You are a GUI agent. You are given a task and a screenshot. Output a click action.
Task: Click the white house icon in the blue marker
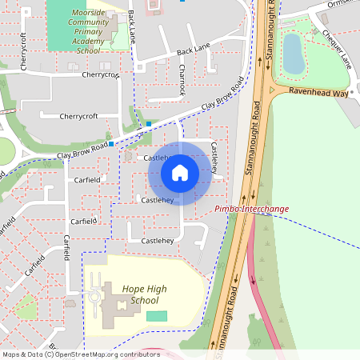click(x=180, y=172)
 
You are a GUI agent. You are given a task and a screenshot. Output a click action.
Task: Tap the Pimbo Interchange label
click(x=252, y=209)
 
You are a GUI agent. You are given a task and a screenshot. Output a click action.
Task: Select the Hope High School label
click(x=145, y=294)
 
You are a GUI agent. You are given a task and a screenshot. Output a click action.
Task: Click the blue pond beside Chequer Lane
click(x=294, y=52)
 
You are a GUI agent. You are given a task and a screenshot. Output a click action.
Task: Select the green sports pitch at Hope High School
click(x=158, y=316)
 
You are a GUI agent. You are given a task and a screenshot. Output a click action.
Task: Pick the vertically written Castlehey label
click(x=215, y=160)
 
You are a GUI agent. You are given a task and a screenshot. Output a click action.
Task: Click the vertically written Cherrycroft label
click(x=24, y=51)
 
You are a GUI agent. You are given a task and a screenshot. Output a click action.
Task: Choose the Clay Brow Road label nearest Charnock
click(x=222, y=95)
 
